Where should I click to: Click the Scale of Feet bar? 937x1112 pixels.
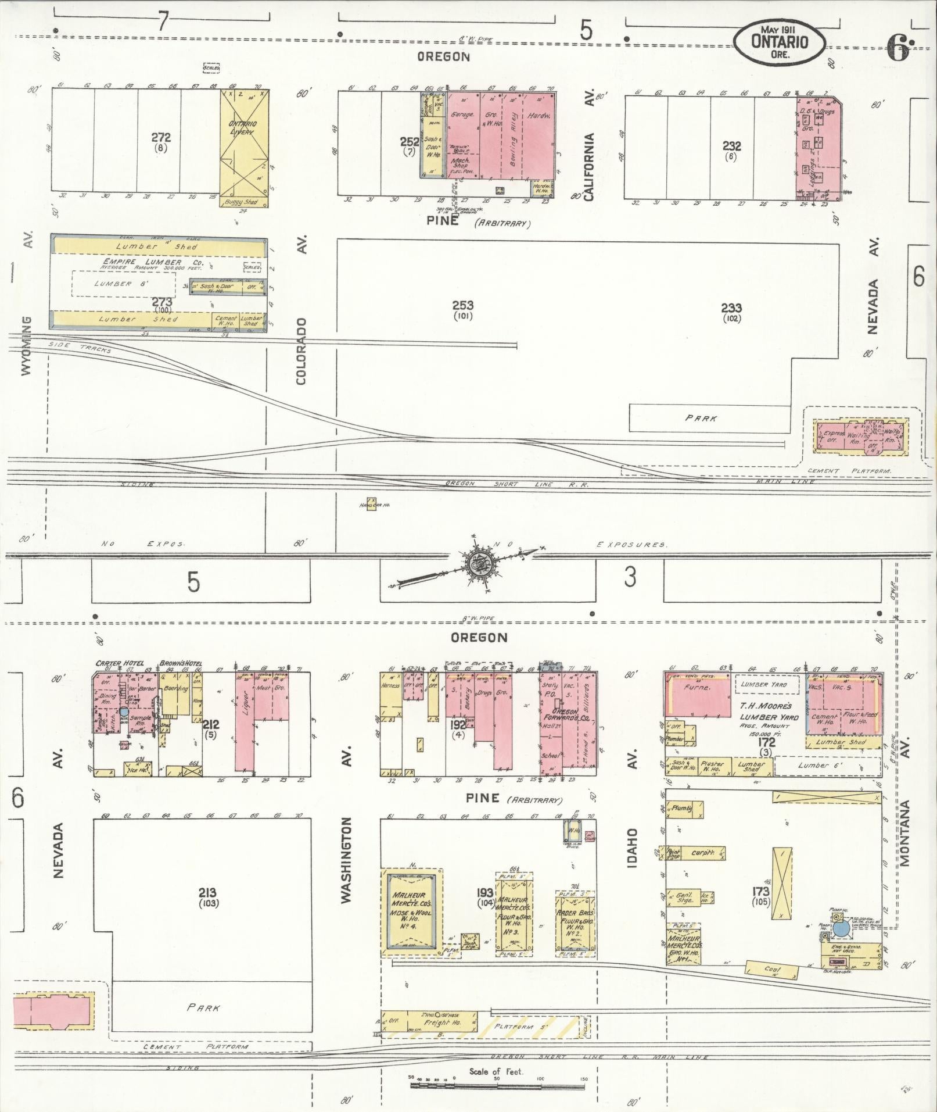click(x=497, y=1084)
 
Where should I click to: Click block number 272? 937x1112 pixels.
click(x=161, y=138)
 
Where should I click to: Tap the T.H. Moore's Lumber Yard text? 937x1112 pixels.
click(x=766, y=711)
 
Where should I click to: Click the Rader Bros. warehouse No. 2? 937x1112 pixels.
click(x=575, y=923)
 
